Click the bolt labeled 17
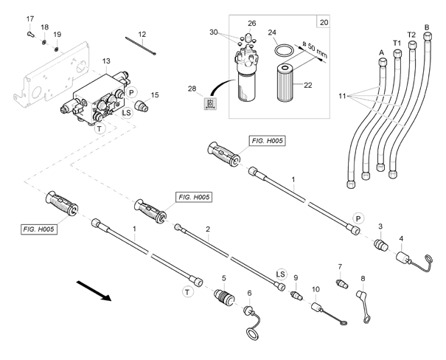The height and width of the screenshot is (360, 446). tap(31, 35)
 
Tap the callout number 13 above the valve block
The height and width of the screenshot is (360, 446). tap(106, 61)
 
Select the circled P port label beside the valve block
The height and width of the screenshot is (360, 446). tap(131, 92)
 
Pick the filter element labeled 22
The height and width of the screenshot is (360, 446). tap(285, 83)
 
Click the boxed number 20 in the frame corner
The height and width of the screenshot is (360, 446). tap(324, 22)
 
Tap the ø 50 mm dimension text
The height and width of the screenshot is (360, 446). tap(314, 49)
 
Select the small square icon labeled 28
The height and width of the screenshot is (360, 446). tap(210, 103)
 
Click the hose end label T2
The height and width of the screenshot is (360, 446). tap(411, 35)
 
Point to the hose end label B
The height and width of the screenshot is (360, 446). tap(427, 27)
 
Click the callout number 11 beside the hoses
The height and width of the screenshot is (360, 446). tap(342, 96)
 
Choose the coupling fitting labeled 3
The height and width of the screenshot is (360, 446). tap(380, 246)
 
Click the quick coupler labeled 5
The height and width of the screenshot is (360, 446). tap(224, 297)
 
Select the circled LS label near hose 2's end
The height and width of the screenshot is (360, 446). tap(281, 274)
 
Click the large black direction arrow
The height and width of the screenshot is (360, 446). tap(94, 290)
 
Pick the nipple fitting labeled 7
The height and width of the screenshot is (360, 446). tap(342, 284)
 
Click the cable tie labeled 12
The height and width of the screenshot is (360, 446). tap(141, 46)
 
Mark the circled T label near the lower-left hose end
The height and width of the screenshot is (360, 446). tap(187, 292)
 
